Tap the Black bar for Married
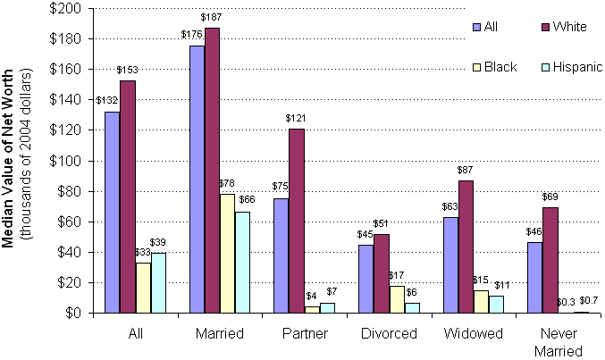tap(227, 254)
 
